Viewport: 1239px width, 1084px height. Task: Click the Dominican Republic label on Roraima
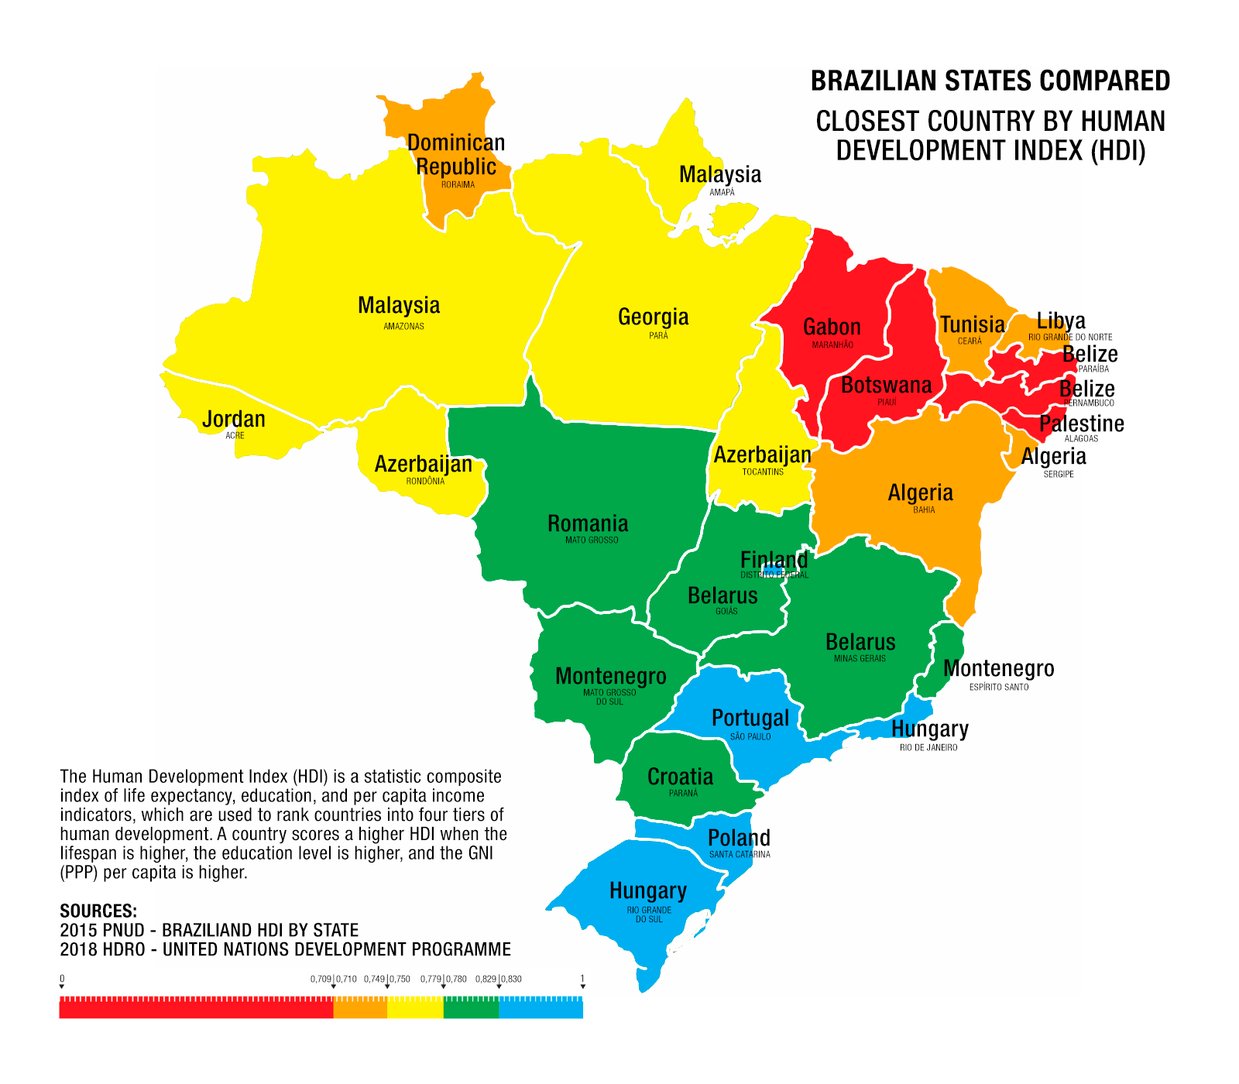pos(456,155)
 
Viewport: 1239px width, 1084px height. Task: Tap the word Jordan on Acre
pos(234,420)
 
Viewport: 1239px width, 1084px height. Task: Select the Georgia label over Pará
pos(653,317)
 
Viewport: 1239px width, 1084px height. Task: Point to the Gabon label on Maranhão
pos(832,328)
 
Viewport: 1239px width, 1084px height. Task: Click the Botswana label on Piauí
pos(886,385)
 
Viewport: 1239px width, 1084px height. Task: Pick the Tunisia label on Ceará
pos(972,324)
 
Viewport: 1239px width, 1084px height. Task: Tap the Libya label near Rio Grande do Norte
pos(1061,321)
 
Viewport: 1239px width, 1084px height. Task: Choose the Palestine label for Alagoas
pos(1081,424)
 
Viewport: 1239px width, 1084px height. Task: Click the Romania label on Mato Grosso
pos(588,523)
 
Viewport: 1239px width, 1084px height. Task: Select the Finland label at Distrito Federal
pos(774,559)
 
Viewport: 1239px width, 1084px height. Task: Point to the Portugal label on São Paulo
pos(750,718)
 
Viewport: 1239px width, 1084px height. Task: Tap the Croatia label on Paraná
pos(680,777)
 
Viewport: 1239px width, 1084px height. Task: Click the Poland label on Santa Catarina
pos(739,838)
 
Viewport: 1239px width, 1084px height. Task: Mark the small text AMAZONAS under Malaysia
pos(403,327)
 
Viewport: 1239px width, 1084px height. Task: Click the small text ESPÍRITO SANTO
pos(999,688)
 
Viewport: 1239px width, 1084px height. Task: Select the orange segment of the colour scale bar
pos(360,1007)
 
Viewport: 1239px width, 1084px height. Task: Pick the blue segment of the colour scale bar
pos(541,1007)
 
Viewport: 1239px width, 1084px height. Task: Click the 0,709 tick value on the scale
pos(321,979)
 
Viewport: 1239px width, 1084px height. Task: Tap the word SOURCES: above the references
pos(98,911)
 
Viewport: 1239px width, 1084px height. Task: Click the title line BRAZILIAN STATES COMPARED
pos(990,81)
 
